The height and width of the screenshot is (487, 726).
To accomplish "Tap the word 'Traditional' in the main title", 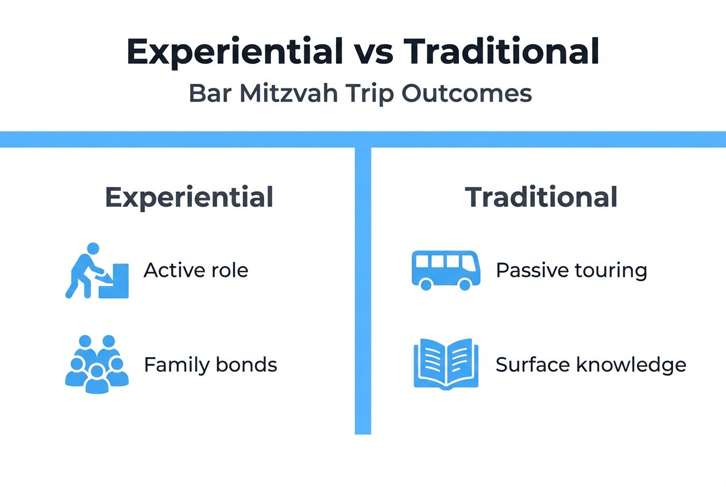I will click(x=501, y=52).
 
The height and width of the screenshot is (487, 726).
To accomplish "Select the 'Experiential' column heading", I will click(x=189, y=198).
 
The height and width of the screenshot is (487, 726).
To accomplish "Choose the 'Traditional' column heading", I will click(x=541, y=198).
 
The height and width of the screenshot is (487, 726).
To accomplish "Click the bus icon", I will click(x=446, y=270).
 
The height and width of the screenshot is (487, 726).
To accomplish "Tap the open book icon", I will click(x=446, y=363).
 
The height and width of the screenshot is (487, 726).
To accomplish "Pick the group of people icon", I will click(x=96, y=364).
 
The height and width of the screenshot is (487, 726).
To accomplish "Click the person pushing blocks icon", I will click(x=96, y=271).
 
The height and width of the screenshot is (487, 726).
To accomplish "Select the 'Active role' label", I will click(x=196, y=270).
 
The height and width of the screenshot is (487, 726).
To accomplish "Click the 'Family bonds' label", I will click(x=210, y=365).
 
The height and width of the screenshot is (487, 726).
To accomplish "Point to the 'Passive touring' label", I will click(x=571, y=270).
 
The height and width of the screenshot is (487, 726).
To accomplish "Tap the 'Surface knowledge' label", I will click(x=590, y=365).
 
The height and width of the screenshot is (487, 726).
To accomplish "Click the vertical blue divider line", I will click(x=362, y=287).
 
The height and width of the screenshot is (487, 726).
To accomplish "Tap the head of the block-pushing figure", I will click(x=92, y=249).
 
